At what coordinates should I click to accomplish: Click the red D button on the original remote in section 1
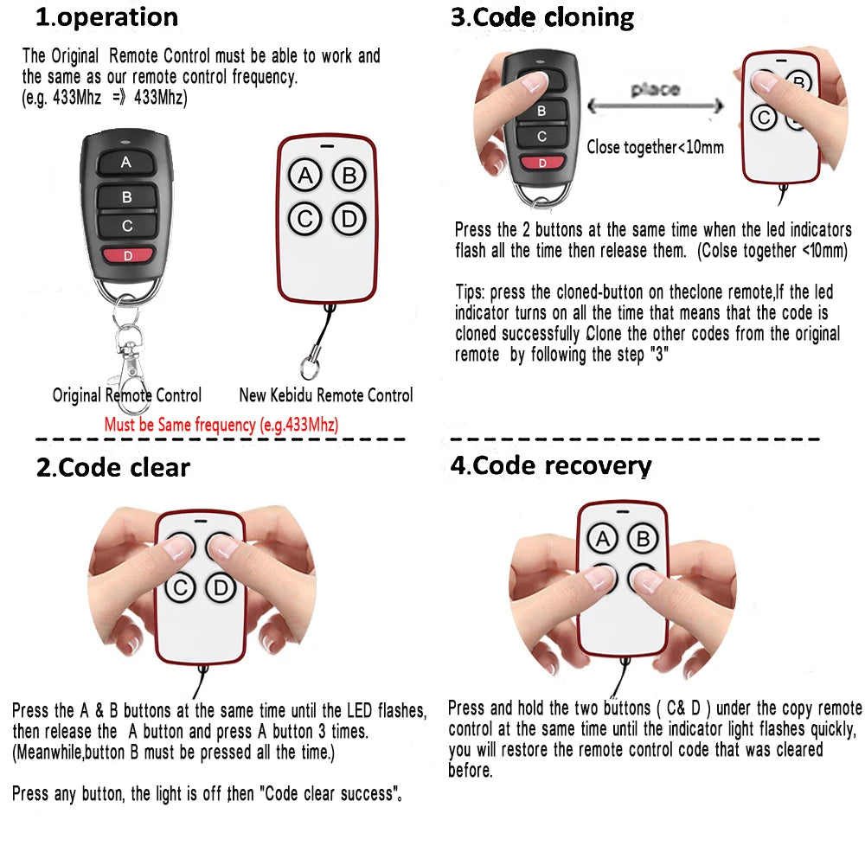(127, 255)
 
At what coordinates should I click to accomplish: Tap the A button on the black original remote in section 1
(126, 162)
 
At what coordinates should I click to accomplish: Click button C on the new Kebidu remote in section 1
(304, 219)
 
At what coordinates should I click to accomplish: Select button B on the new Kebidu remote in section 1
(349, 176)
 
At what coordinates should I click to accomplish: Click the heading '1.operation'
(106, 16)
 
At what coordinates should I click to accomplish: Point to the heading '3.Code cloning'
(542, 16)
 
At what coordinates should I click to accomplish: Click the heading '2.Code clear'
(113, 468)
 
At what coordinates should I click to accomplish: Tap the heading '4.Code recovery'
(551, 465)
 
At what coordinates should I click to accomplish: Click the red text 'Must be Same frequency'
(221, 425)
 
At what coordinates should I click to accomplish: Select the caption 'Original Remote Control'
(127, 395)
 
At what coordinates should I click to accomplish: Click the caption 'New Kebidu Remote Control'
(326, 395)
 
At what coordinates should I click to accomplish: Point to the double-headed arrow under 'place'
(656, 106)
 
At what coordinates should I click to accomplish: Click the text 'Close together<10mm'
(656, 147)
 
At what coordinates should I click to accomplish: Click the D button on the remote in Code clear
(221, 588)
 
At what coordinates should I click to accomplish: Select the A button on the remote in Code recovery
(603, 540)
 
